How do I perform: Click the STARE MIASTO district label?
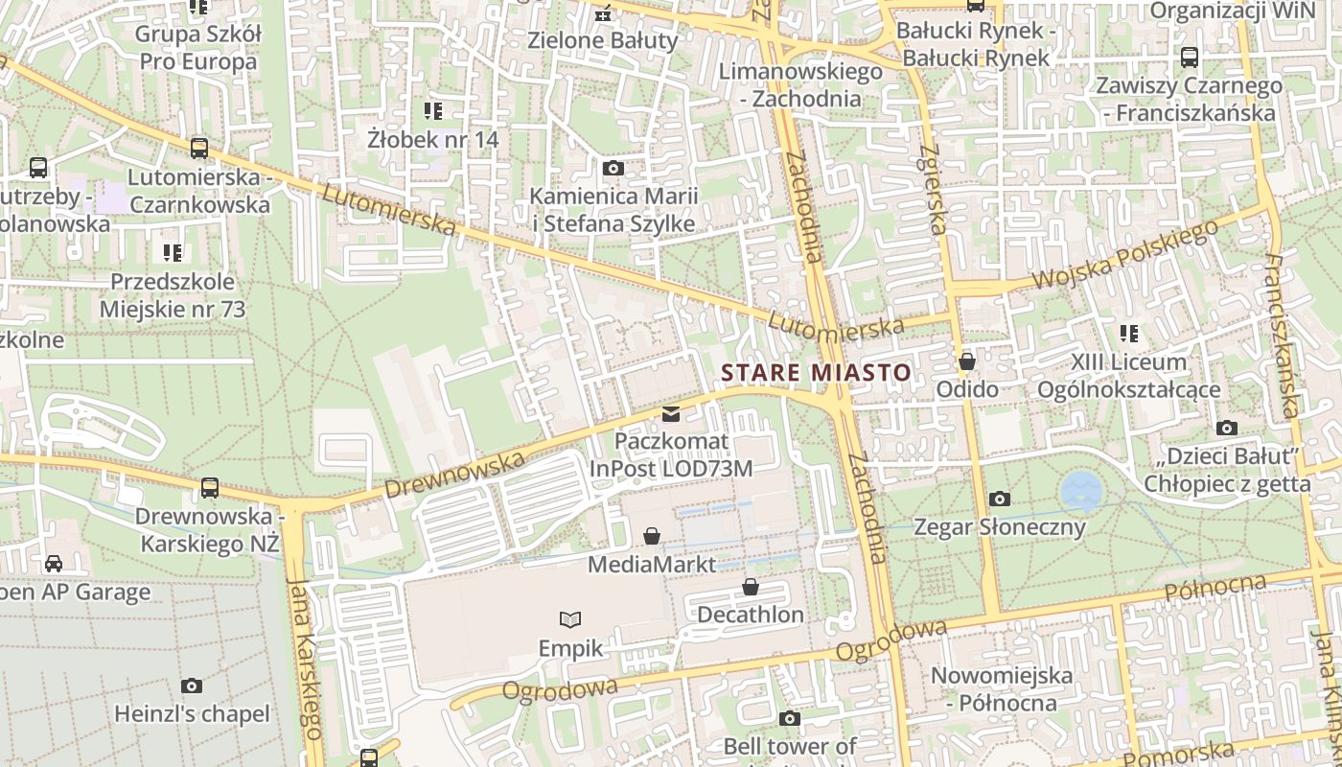click(x=816, y=372)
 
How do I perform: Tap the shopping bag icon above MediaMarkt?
click(x=652, y=535)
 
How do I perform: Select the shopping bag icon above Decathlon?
click(x=751, y=586)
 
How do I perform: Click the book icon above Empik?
click(x=570, y=619)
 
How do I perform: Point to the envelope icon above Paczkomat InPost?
click(x=671, y=414)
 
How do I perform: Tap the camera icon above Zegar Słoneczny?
click(x=1000, y=499)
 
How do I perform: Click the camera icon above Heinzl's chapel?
click(x=192, y=686)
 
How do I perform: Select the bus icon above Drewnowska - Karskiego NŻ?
click(x=210, y=487)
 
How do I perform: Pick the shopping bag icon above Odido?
click(x=967, y=361)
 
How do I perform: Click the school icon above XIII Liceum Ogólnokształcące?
click(x=1129, y=334)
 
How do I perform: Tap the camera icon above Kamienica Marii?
click(x=613, y=169)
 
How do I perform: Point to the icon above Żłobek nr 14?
click(x=433, y=111)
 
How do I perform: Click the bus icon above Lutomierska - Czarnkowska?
click(x=199, y=148)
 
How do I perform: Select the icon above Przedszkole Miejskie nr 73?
click(x=173, y=253)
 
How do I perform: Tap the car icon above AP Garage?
click(x=54, y=564)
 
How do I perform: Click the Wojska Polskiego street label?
click(x=1126, y=256)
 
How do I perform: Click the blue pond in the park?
click(x=1080, y=490)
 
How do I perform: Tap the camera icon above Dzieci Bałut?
click(x=1226, y=428)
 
